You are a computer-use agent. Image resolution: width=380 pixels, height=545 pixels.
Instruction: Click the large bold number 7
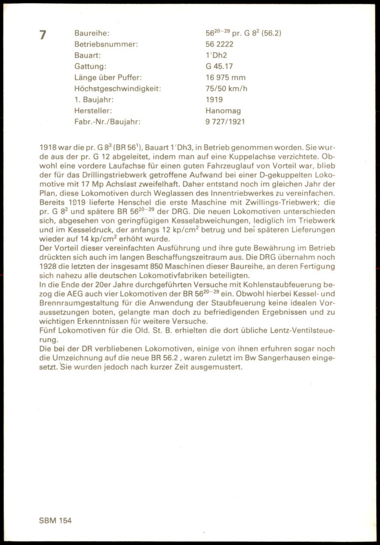(43, 35)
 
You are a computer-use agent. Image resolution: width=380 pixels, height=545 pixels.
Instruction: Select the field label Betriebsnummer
(106, 44)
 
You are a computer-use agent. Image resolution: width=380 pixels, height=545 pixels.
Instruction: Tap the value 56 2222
(219, 44)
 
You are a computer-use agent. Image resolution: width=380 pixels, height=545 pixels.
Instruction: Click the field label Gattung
(90, 66)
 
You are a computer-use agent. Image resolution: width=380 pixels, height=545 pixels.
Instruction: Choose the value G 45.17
(219, 66)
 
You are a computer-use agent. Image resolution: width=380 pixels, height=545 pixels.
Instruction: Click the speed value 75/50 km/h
(226, 88)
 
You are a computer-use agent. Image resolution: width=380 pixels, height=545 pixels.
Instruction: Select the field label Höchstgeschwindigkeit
(118, 88)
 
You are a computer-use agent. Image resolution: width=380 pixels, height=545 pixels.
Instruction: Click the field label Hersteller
(93, 111)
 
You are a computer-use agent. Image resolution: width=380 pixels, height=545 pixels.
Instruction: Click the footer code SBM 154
(55, 520)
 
